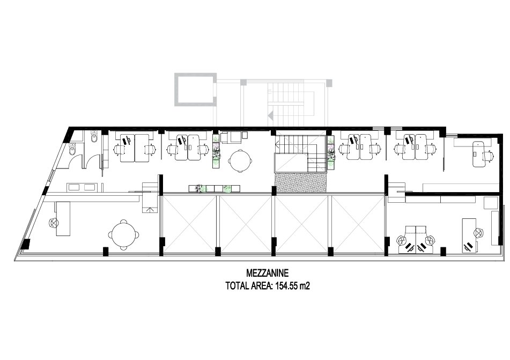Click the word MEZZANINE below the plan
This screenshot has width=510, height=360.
click(x=268, y=272)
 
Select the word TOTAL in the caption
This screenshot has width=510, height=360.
click(x=237, y=286)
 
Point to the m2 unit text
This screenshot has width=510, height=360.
click(x=305, y=286)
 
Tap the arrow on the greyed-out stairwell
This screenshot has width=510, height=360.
click(x=270, y=115)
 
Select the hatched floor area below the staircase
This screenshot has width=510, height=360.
click(x=300, y=182)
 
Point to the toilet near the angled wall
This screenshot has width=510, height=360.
click(x=72, y=149)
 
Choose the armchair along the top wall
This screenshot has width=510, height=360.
click(x=231, y=137)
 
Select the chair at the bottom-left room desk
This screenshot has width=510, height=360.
click(x=53, y=223)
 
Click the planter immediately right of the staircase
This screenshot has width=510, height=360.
click(x=331, y=153)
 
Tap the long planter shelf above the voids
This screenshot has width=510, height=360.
click(x=215, y=188)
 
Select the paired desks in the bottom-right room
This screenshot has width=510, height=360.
click(x=416, y=240)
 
